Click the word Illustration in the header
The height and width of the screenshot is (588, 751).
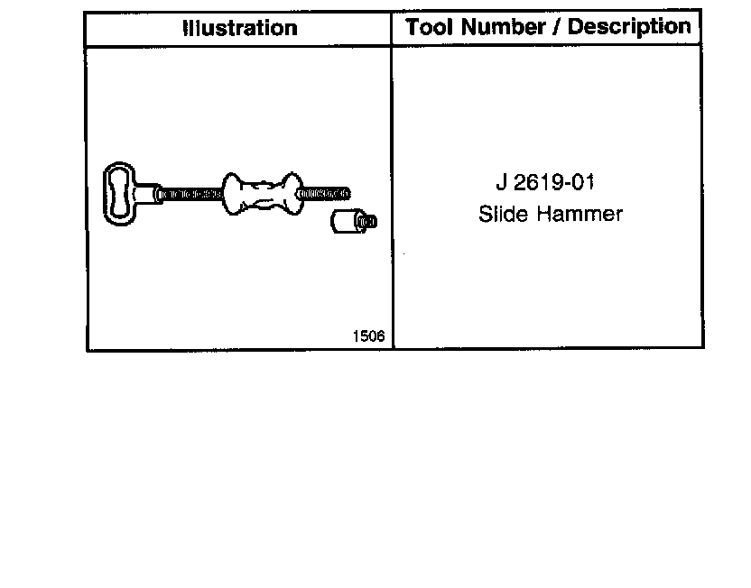239,28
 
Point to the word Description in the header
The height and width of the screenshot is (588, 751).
629,27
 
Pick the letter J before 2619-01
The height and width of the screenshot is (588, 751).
501,183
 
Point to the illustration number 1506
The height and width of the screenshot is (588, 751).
369,336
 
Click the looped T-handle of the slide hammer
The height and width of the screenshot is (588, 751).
118,191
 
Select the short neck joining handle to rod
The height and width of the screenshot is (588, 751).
147,192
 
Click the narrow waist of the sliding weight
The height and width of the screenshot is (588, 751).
261,193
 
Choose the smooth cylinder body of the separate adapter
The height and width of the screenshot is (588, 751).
343,221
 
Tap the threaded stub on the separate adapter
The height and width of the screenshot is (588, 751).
367,222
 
